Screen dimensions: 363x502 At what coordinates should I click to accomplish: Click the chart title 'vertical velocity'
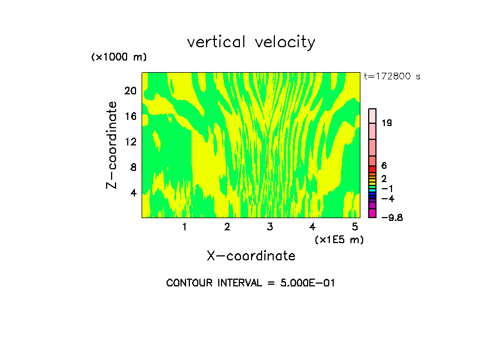[x=251, y=42]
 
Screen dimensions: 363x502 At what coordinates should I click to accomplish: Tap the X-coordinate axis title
[x=251, y=256]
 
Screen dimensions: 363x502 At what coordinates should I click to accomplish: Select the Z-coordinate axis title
[x=112, y=145]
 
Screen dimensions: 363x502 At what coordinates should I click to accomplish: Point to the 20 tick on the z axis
[x=130, y=91]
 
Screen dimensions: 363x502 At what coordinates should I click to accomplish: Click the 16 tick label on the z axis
[x=130, y=117]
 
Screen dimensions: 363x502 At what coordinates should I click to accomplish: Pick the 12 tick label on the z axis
[x=130, y=142]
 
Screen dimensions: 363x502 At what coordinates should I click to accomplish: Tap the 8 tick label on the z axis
[x=133, y=168]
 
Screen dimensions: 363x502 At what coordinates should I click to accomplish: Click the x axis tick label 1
[x=184, y=226]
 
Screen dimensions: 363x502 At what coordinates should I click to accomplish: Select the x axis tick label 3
[x=270, y=226]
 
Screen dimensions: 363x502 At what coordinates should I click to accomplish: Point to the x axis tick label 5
[x=355, y=226]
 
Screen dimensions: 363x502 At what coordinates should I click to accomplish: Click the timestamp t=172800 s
[x=391, y=77]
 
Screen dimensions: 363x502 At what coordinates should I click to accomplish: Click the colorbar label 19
[x=387, y=123]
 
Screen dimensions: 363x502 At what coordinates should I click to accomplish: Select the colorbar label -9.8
[x=391, y=218]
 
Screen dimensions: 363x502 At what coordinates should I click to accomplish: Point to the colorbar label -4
[x=388, y=199]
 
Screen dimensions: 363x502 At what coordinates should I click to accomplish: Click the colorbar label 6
[x=384, y=166]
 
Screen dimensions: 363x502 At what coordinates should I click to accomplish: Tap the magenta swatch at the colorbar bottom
[x=373, y=213]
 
